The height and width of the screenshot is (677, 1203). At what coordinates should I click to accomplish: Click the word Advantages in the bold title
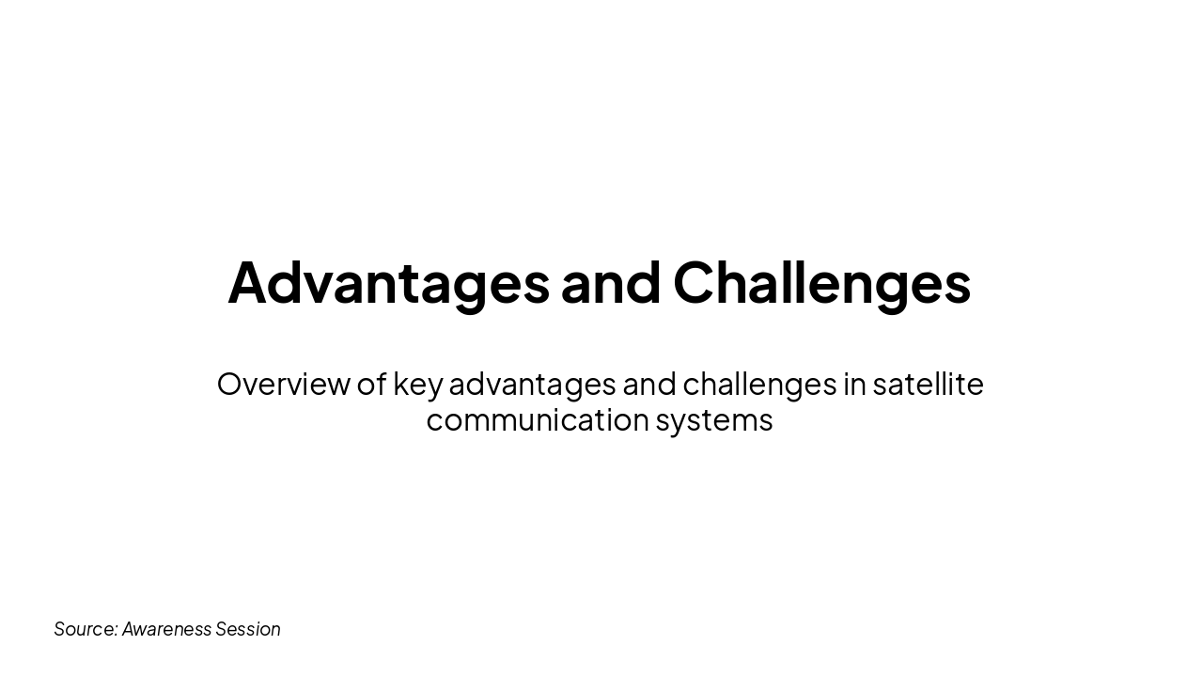pyautogui.click(x=388, y=283)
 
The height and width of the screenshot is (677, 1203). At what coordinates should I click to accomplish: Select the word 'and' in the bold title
pyautogui.click(x=611, y=283)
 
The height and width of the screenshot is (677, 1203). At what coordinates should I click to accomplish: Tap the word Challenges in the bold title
pyautogui.click(x=821, y=283)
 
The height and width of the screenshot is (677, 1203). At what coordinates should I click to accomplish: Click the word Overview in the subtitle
pyautogui.click(x=283, y=384)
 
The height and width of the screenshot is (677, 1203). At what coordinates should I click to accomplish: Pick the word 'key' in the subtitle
pyautogui.click(x=417, y=385)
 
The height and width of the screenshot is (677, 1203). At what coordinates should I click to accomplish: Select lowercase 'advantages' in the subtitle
pyautogui.click(x=532, y=385)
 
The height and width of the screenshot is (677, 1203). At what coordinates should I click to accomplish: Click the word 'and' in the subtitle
pyautogui.click(x=648, y=384)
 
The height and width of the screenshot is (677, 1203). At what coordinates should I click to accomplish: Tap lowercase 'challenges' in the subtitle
pyautogui.click(x=759, y=385)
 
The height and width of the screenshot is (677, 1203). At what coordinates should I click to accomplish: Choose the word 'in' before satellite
pyautogui.click(x=854, y=384)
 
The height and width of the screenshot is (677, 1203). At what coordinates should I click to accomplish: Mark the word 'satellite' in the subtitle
pyautogui.click(x=928, y=384)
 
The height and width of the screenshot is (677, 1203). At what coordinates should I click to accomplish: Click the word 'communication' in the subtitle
pyautogui.click(x=537, y=419)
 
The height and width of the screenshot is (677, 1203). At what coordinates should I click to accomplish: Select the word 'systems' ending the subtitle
pyautogui.click(x=714, y=420)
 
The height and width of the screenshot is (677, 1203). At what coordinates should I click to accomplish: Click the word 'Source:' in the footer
pyautogui.click(x=86, y=629)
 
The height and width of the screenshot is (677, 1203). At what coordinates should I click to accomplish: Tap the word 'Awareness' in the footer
pyautogui.click(x=166, y=629)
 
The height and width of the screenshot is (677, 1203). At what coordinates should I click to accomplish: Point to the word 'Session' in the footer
pyautogui.click(x=248, y=629)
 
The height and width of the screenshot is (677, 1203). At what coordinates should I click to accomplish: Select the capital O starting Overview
pyautogui.click(x=230, y=384)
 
